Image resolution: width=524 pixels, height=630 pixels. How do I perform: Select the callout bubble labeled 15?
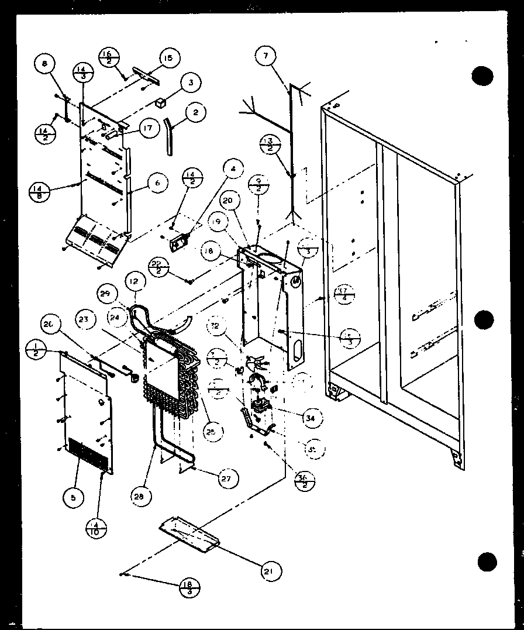tap(168, 58)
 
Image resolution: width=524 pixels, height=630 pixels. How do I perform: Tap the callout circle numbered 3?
tap(190, 83)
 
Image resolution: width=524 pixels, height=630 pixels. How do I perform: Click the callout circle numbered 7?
tap(265, 57)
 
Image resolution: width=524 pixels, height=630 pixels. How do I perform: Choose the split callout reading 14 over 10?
tap(98, 529)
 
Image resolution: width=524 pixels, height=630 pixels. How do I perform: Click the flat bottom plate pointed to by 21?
tap(189, 533)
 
